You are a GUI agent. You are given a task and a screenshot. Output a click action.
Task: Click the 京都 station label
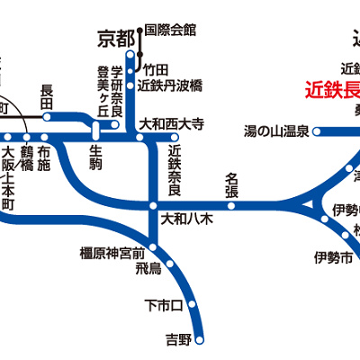(x=115, y=39)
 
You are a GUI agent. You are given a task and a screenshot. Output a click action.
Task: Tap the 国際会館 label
(x=168, y=30)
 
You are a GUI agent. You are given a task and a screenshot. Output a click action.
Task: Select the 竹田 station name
(x=155, y=69)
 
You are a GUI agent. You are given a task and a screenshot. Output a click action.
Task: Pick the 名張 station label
(x=230, y=185)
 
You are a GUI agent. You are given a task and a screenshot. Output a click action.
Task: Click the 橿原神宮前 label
(x=112, y=254)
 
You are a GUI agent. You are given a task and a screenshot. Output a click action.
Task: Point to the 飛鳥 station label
(x=148, y=268)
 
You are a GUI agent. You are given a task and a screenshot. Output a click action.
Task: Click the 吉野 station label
(x=178, y=339)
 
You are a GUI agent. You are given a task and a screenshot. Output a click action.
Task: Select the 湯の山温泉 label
(x=276, y=131)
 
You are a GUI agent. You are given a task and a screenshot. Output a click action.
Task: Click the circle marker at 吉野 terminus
(x=203, y=339)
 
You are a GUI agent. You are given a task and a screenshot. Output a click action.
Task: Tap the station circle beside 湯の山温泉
(x=317, y=131)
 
